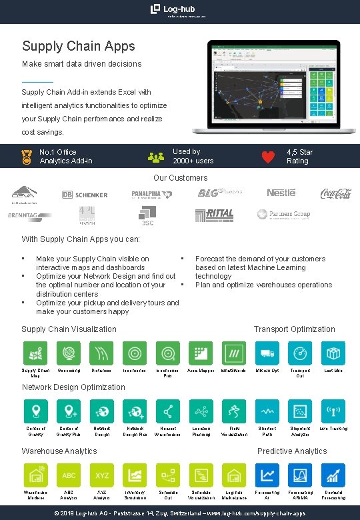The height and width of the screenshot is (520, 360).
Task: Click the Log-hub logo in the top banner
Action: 179,9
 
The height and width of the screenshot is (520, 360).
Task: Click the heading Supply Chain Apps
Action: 79,46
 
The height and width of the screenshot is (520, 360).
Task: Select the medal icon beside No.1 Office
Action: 27,157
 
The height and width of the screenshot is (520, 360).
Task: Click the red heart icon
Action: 268,157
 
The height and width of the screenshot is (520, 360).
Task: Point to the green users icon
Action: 156,157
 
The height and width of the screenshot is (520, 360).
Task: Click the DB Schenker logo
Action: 85,195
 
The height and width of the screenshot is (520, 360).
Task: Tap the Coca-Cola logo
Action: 336,193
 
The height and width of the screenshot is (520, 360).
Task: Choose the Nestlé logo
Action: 281,193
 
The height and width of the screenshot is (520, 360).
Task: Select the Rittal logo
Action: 215,214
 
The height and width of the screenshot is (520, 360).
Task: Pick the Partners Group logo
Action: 283,215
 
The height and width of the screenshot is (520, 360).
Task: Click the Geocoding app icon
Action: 69,353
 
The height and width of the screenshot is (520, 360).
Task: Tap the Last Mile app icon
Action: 333,353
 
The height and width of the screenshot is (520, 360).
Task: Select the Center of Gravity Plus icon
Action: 69,411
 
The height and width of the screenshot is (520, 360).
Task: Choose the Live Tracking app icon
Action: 333,411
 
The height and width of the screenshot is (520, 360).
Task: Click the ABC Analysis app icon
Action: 69,475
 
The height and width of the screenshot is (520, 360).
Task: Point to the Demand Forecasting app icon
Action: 333,475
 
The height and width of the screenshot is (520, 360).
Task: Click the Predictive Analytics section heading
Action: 292,451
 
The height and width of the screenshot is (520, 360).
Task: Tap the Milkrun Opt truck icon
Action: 267,353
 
